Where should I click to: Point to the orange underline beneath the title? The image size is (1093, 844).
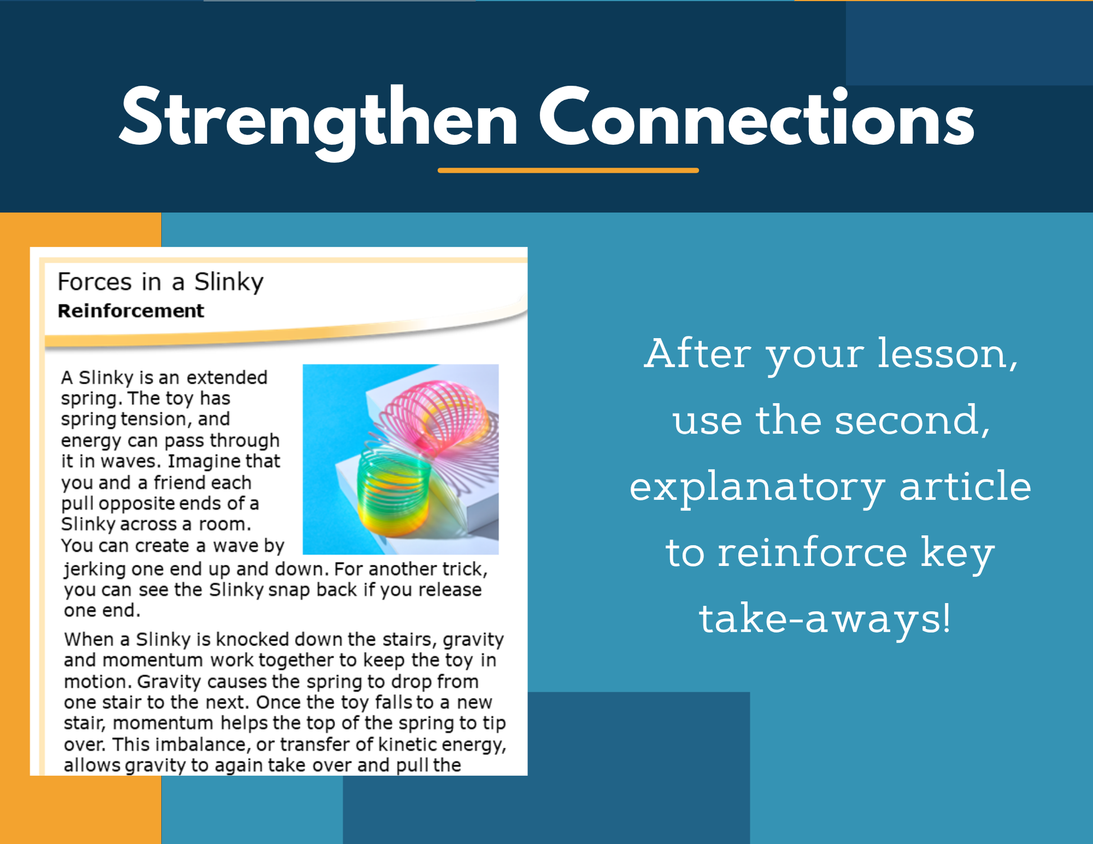568,170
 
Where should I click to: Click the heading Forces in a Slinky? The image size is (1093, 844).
161,282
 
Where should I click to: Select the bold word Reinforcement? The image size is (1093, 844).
131,311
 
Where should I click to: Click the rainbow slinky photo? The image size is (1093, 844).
400,459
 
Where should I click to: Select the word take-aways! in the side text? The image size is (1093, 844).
825,619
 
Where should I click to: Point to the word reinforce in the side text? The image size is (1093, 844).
812,552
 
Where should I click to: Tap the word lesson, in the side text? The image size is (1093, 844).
948,354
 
